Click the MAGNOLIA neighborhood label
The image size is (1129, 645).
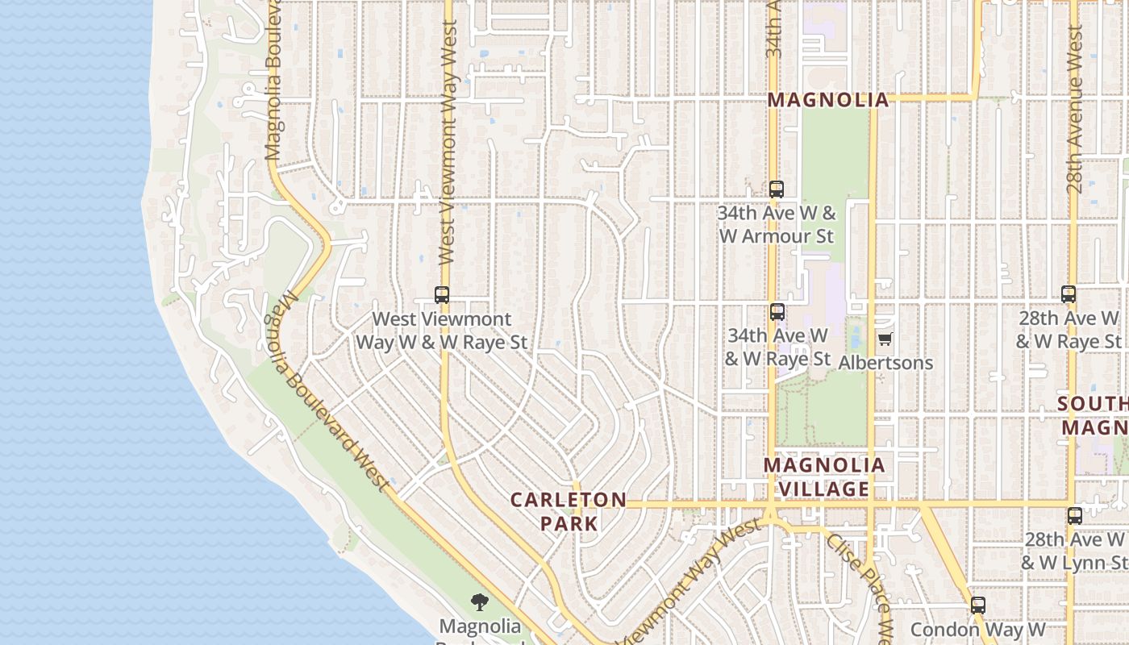[827, 100]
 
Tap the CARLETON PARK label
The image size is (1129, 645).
[569, 511]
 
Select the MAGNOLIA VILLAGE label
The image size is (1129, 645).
[816, 477]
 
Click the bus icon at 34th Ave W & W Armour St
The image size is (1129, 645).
[777, 189]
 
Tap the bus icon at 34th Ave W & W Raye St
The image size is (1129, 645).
[777, 311]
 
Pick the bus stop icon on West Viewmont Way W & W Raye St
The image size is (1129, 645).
[442, 295]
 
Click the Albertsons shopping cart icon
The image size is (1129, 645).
[885, 339]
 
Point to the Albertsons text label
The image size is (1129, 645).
[885, 363]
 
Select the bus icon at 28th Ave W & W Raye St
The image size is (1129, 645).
[1069, 294]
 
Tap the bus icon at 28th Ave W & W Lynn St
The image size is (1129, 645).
[1074, 516]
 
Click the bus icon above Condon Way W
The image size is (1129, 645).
[978, 605]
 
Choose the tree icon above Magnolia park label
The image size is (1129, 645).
[480, 601]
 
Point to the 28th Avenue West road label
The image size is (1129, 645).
[1074, 109]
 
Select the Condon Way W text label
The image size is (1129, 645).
[977, 629]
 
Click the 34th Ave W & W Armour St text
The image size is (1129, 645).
[777, 225]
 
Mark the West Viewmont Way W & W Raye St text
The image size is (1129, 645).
[442, 331]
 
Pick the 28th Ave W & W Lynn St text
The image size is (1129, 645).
[1074, 550]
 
